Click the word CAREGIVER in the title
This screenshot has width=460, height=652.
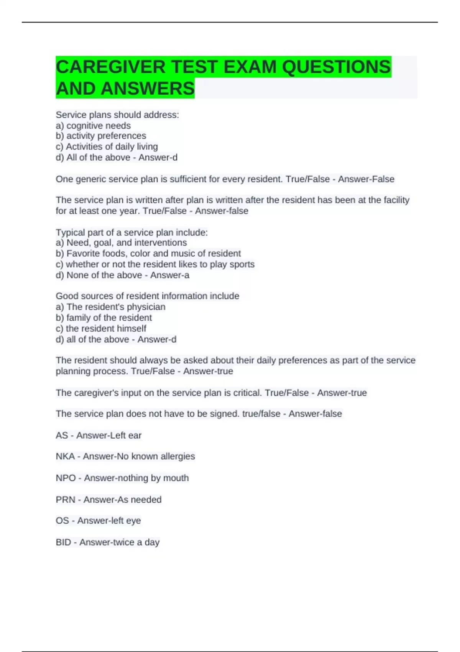pyautogui.click(x=110, y=67)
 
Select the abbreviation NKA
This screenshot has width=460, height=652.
pyautogui.click(x=65, y=456)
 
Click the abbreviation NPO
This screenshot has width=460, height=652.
pyautogui.click(x=66, y=478)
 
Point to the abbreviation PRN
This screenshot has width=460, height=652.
pyautogui.click(x=66, y=499)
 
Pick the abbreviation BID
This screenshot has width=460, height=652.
pyautogui.click(x=63, y=542)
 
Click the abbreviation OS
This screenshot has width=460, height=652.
pyautogui.click(x=62, y=520)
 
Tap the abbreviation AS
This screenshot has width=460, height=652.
pyautogui.click(x=62, y=435)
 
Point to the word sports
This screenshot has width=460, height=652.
pyautogui.click(x=242, y=264)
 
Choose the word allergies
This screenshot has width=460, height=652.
pyautogui.click(x=178, y=456)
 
